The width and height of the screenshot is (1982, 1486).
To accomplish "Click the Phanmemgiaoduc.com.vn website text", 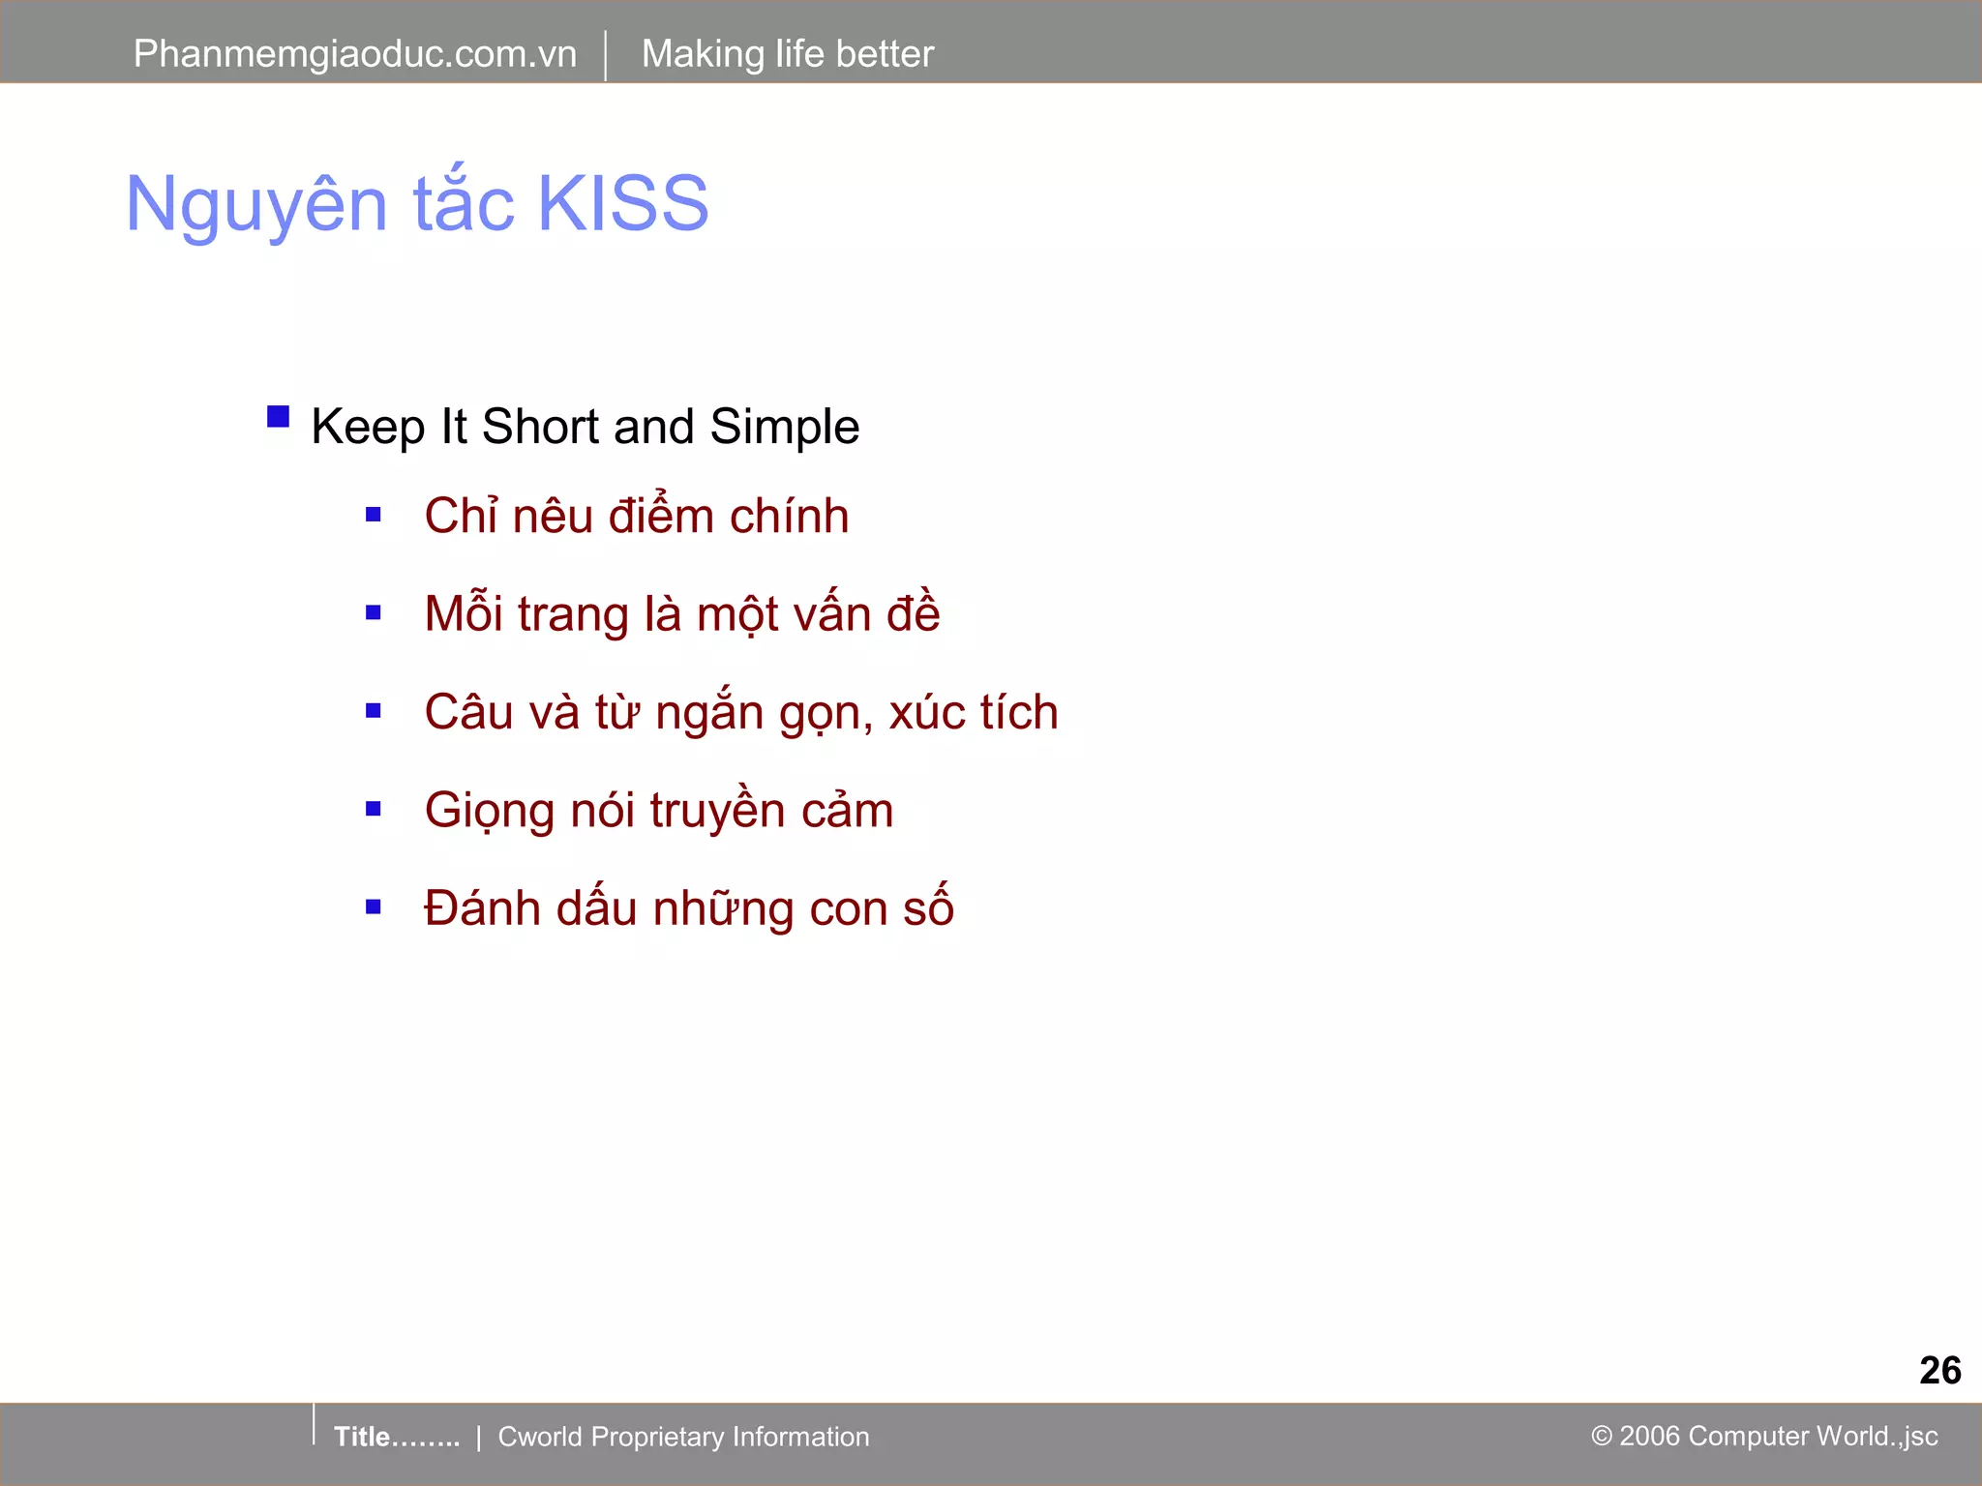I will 354,54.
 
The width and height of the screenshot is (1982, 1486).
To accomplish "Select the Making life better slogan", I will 787,54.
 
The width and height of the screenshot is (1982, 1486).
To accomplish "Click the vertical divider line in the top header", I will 606,55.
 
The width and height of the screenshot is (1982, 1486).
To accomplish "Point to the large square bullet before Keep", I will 279,417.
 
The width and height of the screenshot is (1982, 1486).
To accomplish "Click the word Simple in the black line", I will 784,427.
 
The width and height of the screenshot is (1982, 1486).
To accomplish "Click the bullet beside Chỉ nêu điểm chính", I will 374,516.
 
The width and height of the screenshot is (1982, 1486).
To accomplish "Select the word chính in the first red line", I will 789,516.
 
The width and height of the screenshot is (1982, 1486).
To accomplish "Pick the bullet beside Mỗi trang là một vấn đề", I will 374,613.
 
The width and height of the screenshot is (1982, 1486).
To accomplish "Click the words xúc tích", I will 973,713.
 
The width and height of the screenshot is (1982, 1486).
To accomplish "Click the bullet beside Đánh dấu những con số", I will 374,907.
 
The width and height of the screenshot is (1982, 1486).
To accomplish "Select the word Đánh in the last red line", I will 482,907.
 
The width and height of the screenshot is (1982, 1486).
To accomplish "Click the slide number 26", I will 1939,1370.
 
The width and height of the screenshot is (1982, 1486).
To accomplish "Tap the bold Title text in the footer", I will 362,1437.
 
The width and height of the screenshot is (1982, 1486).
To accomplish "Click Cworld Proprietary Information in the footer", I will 683,1437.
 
